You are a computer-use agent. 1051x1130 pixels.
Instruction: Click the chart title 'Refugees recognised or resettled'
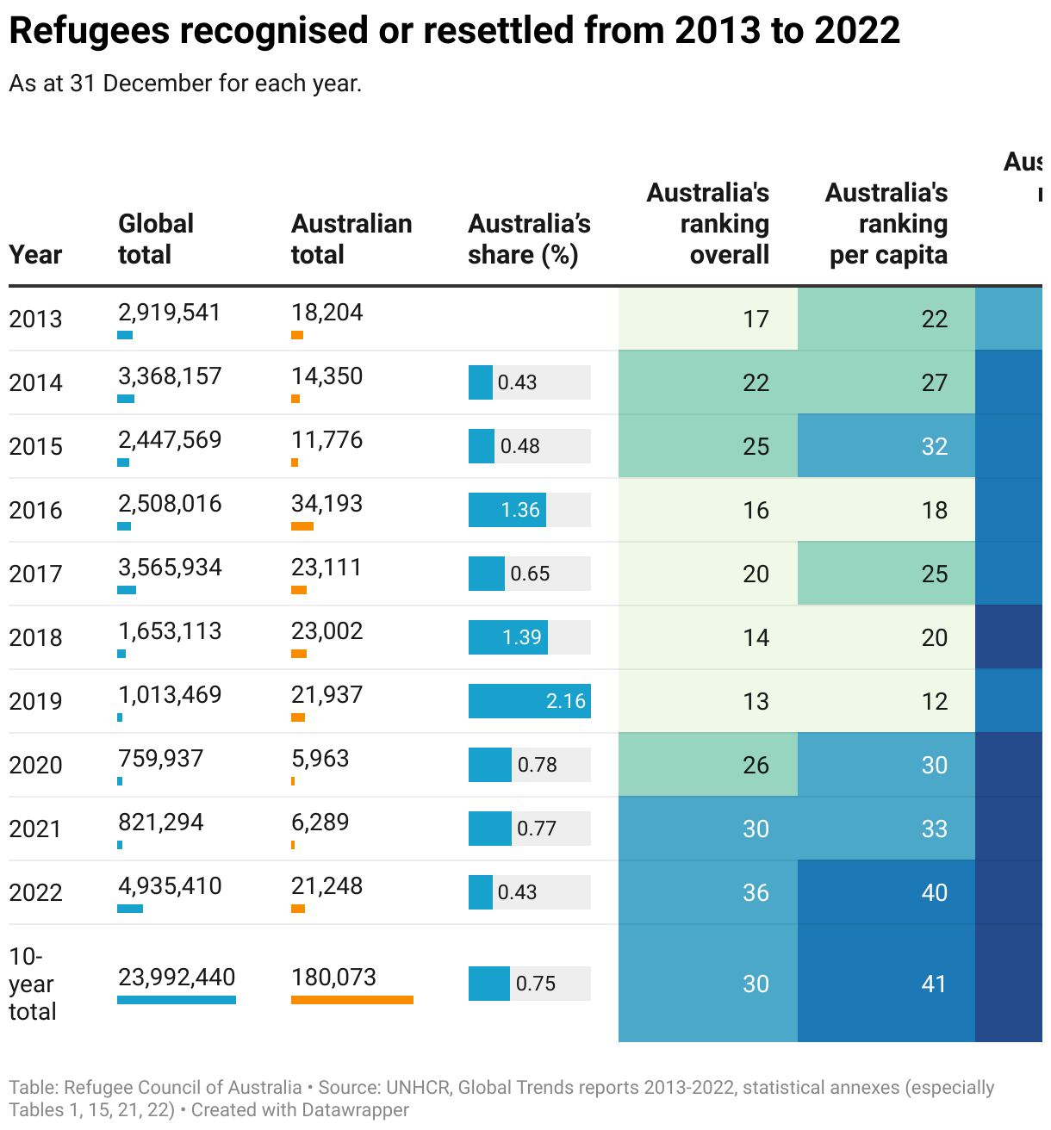pos(454,31)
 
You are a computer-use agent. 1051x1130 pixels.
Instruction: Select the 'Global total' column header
pos(155,239)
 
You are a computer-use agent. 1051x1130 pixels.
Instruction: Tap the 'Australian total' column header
pos(351,239)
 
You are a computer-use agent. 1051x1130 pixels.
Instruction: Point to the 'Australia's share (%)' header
pos(529,239)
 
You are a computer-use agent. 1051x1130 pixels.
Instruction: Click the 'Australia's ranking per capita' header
pos(887,223)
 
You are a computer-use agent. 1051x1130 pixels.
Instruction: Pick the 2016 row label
pos(35,510)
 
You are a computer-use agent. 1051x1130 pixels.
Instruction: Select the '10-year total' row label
pos(32,984)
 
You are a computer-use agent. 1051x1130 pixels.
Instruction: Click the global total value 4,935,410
pos(170,885)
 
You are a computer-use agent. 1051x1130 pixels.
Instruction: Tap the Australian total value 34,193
pos(326,503)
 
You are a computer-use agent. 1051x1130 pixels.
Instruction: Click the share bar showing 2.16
pos(529,701)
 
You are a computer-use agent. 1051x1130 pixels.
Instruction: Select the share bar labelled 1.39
pos(508,637)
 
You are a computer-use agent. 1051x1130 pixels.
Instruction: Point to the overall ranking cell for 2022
pos(708,892)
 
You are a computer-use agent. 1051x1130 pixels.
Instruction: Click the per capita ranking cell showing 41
pos(886,984)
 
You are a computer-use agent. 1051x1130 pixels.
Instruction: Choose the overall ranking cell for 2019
pos(708,701)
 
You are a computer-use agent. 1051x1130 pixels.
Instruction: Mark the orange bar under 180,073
pos(351,1000)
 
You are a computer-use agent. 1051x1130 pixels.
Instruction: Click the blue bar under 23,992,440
pos(177,1000)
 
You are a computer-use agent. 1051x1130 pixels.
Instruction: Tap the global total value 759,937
pos(161,758)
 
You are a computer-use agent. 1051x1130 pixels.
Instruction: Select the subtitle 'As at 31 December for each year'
pos(185,84)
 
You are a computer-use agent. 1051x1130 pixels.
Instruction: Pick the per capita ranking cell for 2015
pos(886,446)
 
